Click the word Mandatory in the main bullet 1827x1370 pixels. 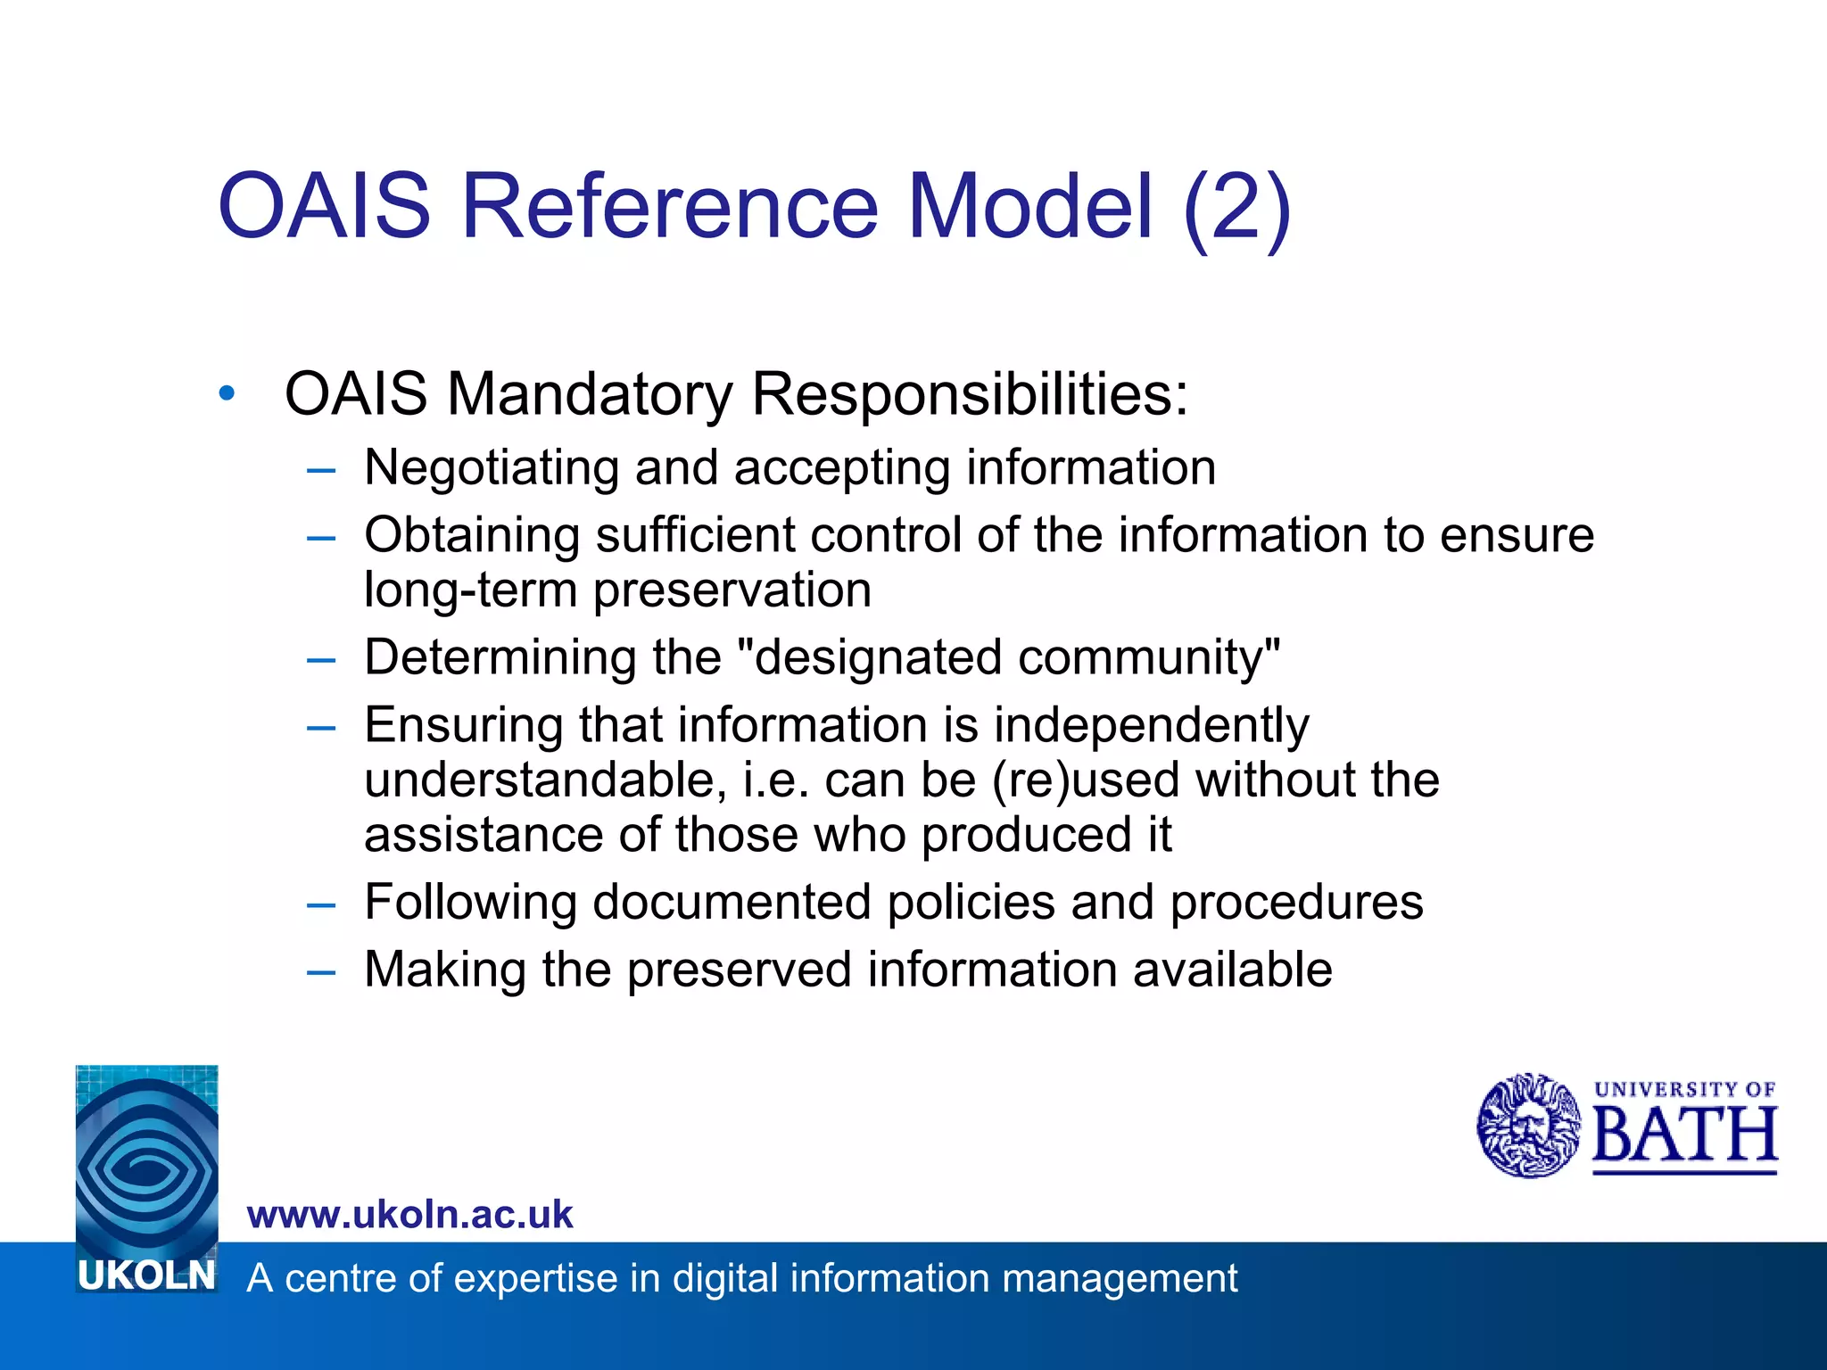point(589,393)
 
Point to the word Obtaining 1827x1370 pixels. point(472,536)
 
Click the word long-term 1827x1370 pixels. point(470,590)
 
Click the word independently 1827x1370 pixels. point(1152,725)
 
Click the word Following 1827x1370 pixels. point(470,902)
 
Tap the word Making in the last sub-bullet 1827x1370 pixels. point(445,970)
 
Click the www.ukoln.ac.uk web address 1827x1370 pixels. point(409,1215)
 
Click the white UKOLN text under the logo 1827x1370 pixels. point(147,1276)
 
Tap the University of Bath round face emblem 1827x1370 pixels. point(1528,1126)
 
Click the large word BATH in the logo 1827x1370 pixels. point(1684,1135)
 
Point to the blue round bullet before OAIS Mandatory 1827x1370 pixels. point(227,392)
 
